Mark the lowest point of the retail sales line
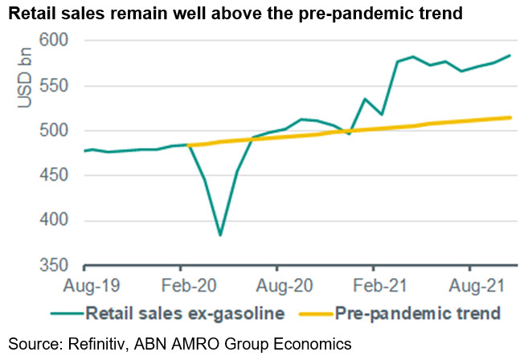(x=220, y=235)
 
